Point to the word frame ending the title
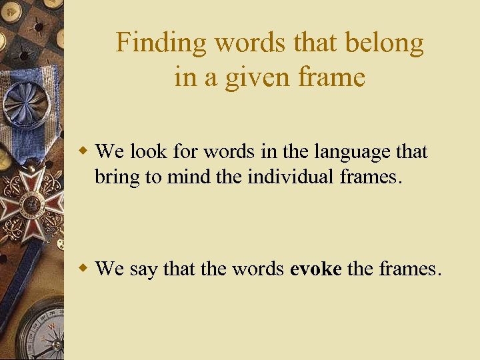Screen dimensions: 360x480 pos(333,78)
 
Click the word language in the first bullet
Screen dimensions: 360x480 pos(353,151)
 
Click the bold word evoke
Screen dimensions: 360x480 pos(316,269)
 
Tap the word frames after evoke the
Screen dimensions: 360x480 pos(409,269)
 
